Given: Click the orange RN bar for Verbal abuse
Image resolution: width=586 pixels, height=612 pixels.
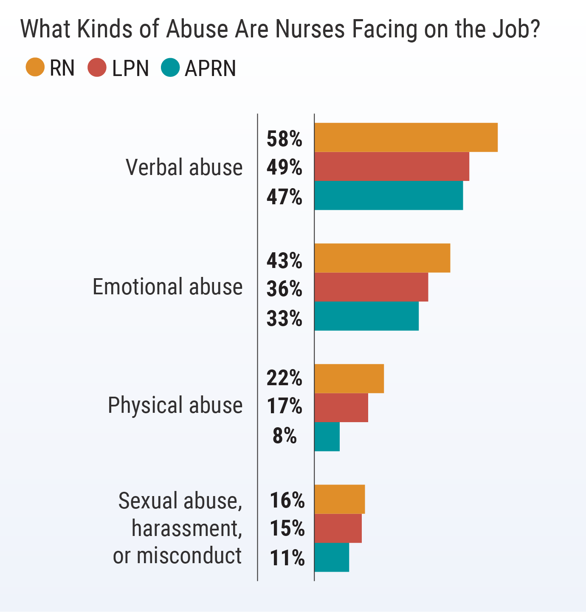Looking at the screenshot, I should pyautogui.click(x=406, y=137).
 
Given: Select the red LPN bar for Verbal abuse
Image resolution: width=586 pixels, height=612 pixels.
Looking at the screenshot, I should pyautogui.click(x=392, y=166).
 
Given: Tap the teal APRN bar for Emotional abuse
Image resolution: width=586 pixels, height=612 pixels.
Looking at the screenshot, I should pyautogui.click(x=366, y=316).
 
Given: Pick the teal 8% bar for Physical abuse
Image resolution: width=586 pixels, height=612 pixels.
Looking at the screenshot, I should pyautogui.click(x=327, y=437).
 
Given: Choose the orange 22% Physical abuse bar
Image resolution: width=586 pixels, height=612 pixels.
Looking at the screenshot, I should pyautogui.click(x=349, y=378).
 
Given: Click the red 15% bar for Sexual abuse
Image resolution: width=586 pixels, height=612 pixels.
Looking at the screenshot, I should pyautogui.click(x=338, y=528).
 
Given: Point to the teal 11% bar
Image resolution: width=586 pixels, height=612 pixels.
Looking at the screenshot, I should pyautogui.click(x=332, y=557).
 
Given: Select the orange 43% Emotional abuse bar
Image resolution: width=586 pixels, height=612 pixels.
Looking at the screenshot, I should pyautogui.click(x=382, y=258).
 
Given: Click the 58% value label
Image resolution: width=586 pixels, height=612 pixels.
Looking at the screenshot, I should pyautogui.click(x=284, y=139).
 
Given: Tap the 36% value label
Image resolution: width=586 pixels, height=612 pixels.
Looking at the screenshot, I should pyautogui.click(x=284, y=289).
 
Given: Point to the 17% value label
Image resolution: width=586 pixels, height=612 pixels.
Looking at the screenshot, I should pyautogui.click(x=284, y=406).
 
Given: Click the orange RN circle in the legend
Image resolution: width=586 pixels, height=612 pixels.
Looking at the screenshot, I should pyautogui.click(x=35, y=68).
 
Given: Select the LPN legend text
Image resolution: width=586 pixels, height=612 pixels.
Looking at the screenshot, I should pyautogui.click(x=130, y=68).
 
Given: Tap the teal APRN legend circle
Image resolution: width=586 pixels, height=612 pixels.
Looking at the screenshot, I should pyautogui.click(x=170, y=68).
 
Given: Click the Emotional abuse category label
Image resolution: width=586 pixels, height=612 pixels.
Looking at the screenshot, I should pyautogui.click(x=168, y=287).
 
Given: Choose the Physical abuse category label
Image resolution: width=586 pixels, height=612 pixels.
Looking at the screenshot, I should pyautogui.click(x=175, y=405).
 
